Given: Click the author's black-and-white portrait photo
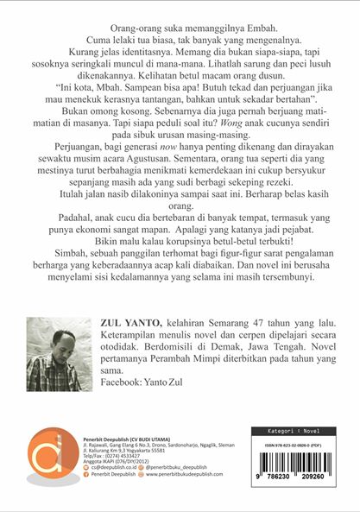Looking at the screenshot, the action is tap(54, 353).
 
